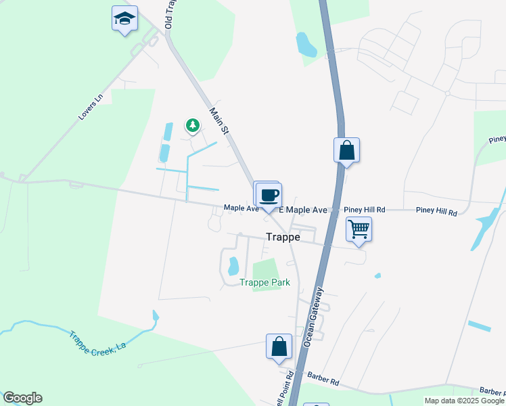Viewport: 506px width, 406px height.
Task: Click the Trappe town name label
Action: pyautogui.click(x=283, y=238)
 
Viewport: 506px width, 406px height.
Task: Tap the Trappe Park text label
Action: pyautogui.click(x=265, y=282)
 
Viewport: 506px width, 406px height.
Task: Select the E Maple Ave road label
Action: pyautogui.click(x=303, y=210)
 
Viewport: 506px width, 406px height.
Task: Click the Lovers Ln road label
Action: pyautogui.click(x=89, y=107)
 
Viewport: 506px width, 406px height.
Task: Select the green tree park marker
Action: pyautogui.click(x=193, y=125)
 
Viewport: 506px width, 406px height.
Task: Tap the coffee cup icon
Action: pyautogui.click(x=269, y=195)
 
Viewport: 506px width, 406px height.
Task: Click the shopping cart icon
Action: pyautogui.click(x=359, y=229)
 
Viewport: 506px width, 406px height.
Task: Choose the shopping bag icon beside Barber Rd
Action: pyautogui.click(x=279, y=346)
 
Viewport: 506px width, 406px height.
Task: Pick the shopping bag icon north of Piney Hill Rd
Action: pyautogui.click(x=346, y=150)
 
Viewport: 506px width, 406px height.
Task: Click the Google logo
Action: pyautogui.click(x=22, y=398)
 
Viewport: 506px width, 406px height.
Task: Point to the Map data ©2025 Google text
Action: pyautogui.click(x=465, y=401)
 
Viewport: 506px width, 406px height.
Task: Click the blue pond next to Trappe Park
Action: pyautogui.click(x=233, y=266)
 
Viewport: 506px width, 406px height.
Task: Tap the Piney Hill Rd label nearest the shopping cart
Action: pyautogui.click(x=364, y=210)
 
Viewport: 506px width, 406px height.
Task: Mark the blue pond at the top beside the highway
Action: pyautogui.click(x=306, y=44)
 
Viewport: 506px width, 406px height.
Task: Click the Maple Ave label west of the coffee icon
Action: pyautogui.click(x=241, y=208)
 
